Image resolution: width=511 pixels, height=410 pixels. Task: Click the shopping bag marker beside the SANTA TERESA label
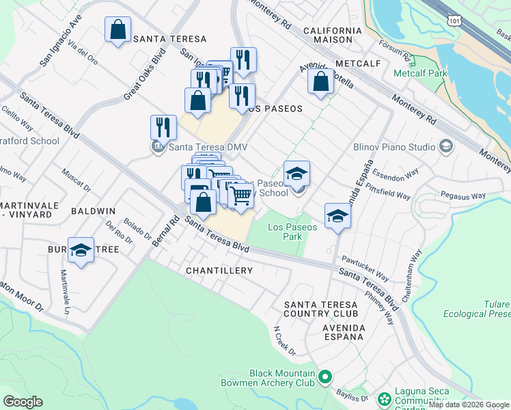coord(118,30)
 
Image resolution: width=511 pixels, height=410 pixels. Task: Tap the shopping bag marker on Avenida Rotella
coord(320,81)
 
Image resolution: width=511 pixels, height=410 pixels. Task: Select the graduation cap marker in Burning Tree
coord(81,251)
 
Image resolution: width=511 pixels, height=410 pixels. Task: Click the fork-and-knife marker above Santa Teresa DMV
coord(163,127)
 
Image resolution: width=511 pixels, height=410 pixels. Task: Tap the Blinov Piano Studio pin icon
coord(446,146)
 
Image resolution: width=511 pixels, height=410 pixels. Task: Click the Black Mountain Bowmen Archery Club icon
coord(325,377)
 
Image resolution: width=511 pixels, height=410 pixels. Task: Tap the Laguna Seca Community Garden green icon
coord(385,398)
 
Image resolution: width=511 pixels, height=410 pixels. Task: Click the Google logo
coord(23,401)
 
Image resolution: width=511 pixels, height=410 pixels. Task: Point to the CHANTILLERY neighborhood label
coord(219,271)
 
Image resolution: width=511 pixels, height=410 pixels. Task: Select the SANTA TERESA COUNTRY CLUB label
coord(320,309)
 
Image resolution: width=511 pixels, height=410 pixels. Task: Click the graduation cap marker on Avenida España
coord(337,217)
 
